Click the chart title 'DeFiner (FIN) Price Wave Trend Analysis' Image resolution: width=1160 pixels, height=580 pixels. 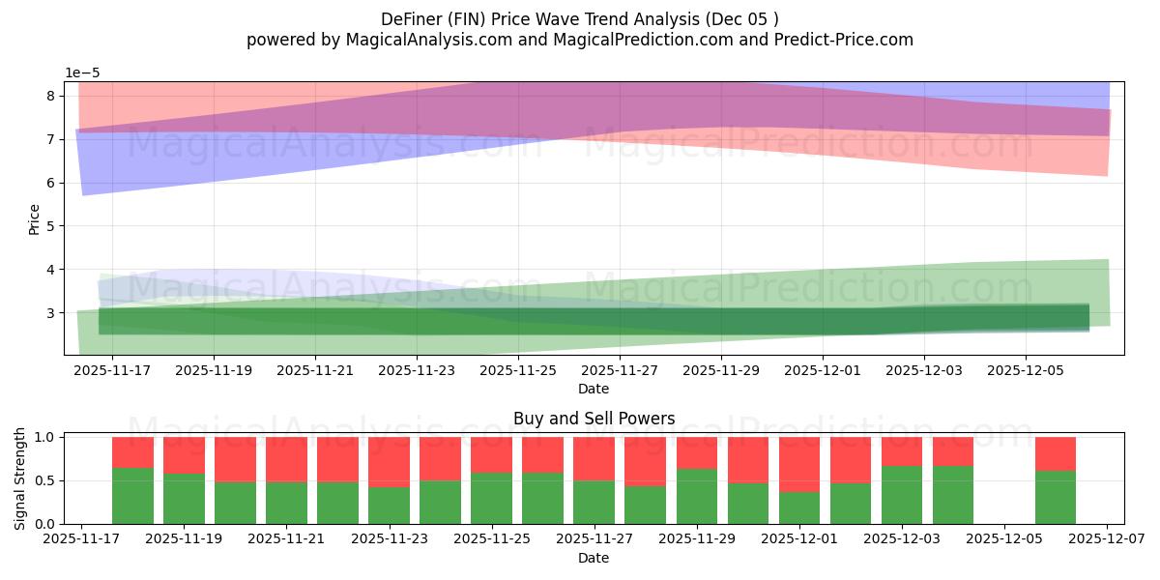(x=579, y=18)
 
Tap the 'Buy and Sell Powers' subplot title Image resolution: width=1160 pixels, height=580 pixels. (x=594, y=419)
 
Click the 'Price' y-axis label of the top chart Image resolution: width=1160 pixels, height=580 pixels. (x=35, y=218)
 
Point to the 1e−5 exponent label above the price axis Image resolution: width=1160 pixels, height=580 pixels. (x=82, y=73)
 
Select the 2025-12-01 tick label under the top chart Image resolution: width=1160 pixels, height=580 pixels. (x=822, y=369)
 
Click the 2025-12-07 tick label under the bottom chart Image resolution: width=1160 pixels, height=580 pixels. (x=1107, y=539)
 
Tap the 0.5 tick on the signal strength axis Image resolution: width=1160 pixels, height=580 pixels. (x=44, y=480)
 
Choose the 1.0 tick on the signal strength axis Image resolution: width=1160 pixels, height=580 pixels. (x=44, y=437)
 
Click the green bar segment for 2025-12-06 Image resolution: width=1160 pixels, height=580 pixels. (x=1055, y=497)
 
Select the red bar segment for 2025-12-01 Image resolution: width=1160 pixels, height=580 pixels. (x=799, y=464)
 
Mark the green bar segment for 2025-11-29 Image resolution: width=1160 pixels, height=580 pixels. (x=697, y=496)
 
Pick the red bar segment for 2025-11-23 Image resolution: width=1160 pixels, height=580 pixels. (x=390, y=462)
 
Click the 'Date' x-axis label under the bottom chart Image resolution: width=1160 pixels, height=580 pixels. (x=594, y=558)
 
